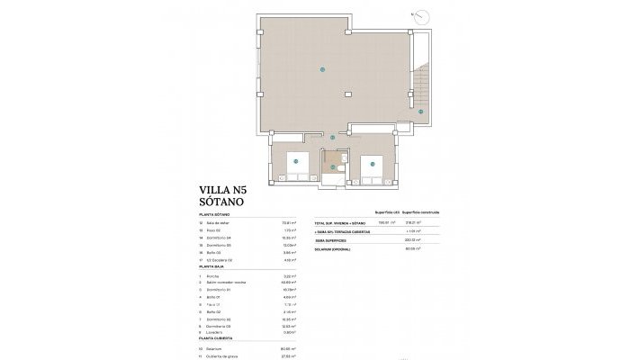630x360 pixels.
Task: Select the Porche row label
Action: tap(213, 276)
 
